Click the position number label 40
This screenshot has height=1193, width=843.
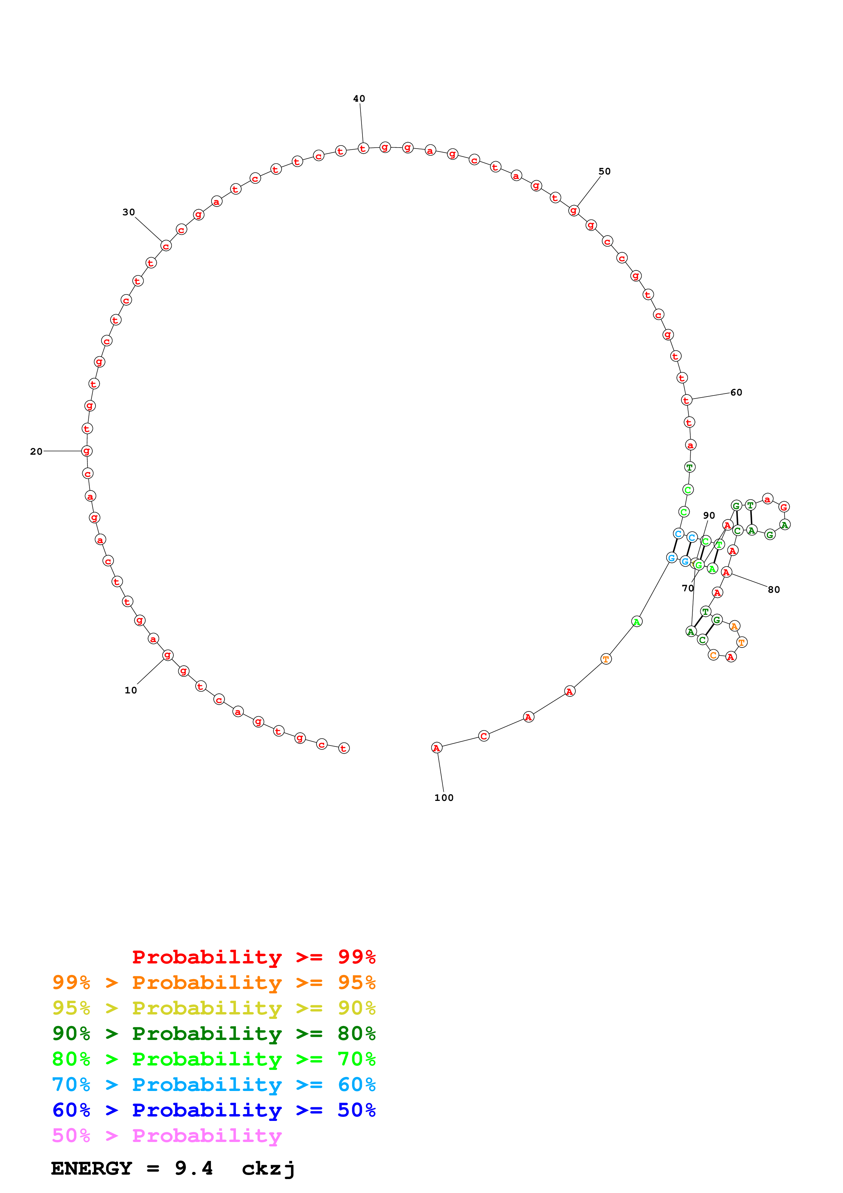tap(359, 99)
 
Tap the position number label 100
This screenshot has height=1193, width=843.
tap(443, 797)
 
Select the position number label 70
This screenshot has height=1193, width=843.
tap(687, 588)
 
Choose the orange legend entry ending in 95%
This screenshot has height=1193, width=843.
tap(214, 982)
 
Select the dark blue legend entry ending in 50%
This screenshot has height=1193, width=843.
tap(214, 1110)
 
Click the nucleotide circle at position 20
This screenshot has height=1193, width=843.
tap(87, 451)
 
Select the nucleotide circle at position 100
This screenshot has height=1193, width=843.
tap(436, 748)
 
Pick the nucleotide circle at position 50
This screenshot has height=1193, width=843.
tap(573, 211)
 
